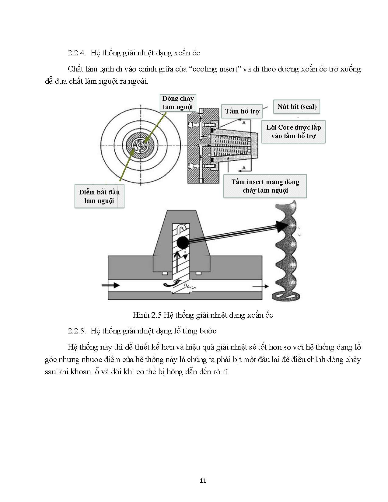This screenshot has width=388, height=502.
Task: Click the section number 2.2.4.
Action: click(x=77, y=53)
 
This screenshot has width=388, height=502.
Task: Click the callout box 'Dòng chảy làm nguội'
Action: click(x=178, y=103)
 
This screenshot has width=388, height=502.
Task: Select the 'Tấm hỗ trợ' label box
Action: click(x=242, y=111)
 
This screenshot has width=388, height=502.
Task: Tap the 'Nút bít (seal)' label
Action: click(x=297, y=107)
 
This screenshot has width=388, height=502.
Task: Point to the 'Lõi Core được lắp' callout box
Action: click(x=293, y=132)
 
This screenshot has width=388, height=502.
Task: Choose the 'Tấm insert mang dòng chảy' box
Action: click(x=265, y=186)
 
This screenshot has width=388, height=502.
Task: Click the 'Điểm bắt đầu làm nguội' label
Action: click(x=99, y=196)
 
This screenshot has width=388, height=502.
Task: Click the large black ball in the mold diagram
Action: click(x=182, y=242)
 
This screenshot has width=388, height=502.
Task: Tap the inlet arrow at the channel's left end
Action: click(x=111, y=285)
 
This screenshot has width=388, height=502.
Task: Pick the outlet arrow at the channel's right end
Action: click(x=260, y=286)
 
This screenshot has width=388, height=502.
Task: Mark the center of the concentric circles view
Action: click(x=141, y=146)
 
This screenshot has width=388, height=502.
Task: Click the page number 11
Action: click(x=203, y=481)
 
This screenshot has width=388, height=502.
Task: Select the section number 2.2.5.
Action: click(x=77, y=331)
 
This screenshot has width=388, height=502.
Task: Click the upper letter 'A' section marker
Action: click(x=244, y=123)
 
